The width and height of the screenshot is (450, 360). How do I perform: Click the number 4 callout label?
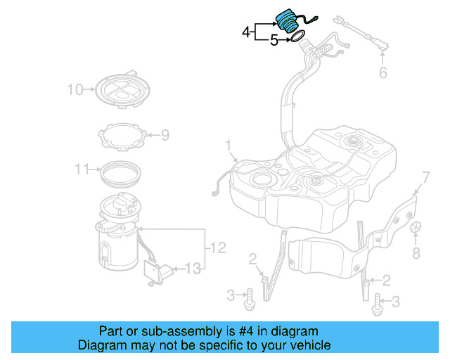246,32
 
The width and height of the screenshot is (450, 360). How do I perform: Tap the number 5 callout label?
274,41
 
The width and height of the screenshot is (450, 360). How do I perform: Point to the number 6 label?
383,73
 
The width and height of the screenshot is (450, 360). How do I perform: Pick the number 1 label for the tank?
228,146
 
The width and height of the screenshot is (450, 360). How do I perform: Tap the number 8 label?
416,252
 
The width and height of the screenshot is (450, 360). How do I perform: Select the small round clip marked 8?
416,229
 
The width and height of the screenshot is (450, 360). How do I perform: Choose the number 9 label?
165,134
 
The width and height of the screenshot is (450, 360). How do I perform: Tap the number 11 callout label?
82,169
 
